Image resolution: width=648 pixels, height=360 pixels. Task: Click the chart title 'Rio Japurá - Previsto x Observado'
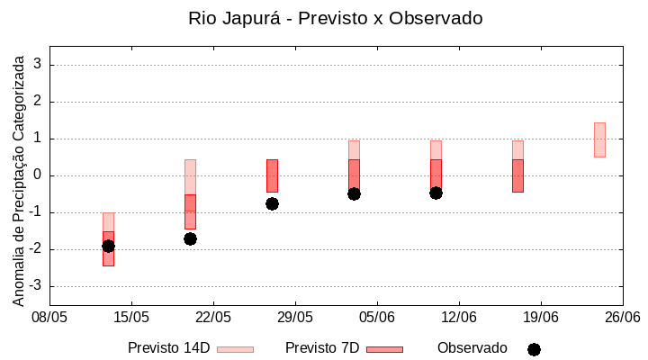click(x=335, y=18)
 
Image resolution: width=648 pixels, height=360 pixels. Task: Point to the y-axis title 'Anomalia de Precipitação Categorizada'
click(x=18, y=177)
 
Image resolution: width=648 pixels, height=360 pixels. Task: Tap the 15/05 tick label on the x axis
click(x=131, y=317)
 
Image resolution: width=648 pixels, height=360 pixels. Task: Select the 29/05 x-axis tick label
click(x=295, y=317)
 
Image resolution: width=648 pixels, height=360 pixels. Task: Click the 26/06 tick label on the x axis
click(x=622, y=317)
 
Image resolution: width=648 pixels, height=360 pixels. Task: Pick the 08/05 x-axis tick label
click(x=50, y=317)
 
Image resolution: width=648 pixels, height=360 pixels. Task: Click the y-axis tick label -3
click(x=35, y=286)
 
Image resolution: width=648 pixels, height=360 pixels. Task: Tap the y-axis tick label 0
click(x=38, y=175)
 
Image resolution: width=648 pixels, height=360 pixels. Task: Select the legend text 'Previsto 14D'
click(x=168, y=348)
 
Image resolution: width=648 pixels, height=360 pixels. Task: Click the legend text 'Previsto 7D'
click(x=322, y=348)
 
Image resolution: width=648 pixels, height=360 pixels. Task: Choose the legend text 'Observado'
click(x=472, y=348)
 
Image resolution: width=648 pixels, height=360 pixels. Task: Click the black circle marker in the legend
click(x=534, y=349)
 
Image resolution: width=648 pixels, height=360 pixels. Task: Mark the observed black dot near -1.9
click(x=108, y=246)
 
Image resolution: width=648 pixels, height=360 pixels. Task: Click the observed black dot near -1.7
click(x=190, y=238)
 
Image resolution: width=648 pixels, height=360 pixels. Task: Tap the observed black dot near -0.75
click(x=272, y=203)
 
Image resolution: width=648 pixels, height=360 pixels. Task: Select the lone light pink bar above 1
click(x=599, y=139)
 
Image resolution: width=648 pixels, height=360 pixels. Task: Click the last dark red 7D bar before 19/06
click(x=517, y=175)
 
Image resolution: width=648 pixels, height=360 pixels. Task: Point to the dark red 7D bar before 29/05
click(x=272, y=175)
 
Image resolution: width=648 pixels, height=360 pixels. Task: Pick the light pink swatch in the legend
click(x=235, y=349)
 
